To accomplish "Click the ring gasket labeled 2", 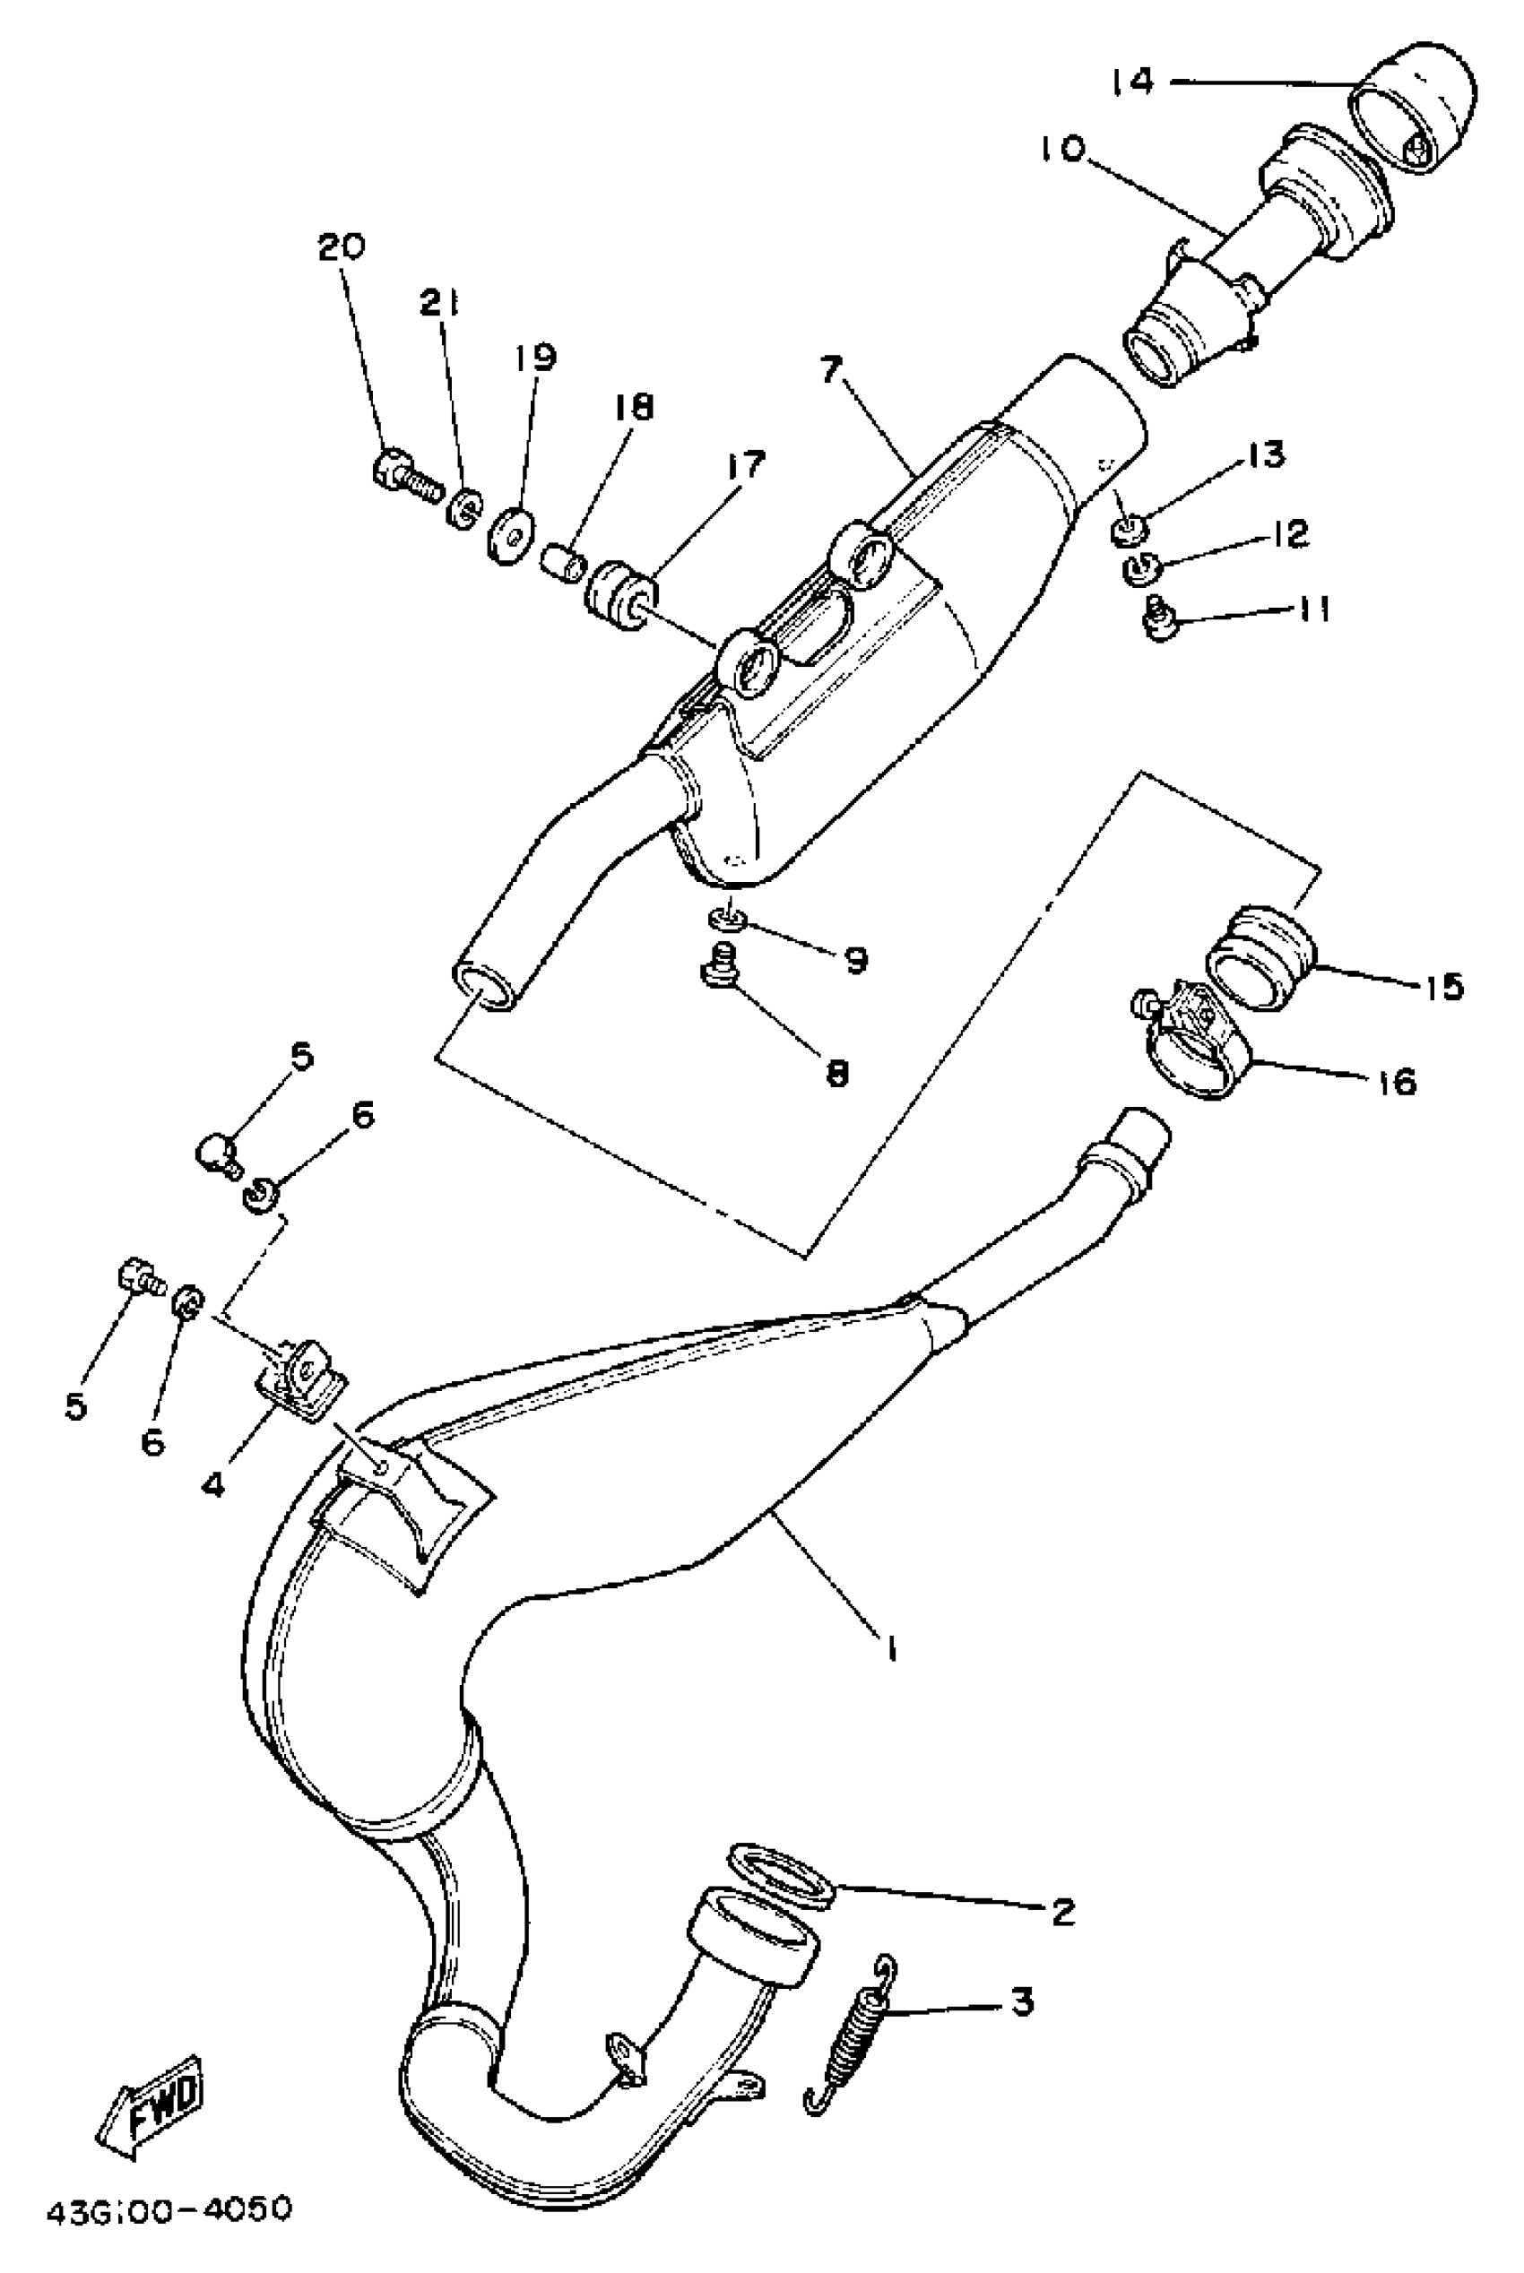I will [782, 1873].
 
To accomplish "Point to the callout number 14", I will [1133, 82].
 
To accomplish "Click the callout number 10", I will [1061, 150].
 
